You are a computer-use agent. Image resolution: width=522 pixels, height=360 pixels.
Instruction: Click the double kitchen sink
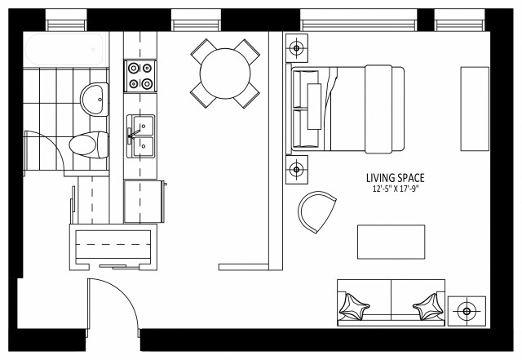click(x=141, y=136)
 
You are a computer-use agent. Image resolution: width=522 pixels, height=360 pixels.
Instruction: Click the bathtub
click(x=64, y=51)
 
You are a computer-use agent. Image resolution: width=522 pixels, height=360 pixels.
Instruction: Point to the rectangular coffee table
click(x=391, y=241)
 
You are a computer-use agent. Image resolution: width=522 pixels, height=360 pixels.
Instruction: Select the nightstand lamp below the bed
click(x=296, y=170)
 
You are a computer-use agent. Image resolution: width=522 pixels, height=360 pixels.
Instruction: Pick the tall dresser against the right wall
click(x=475, y=109)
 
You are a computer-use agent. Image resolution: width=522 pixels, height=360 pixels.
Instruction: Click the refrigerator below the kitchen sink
click(x=145, y=201)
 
